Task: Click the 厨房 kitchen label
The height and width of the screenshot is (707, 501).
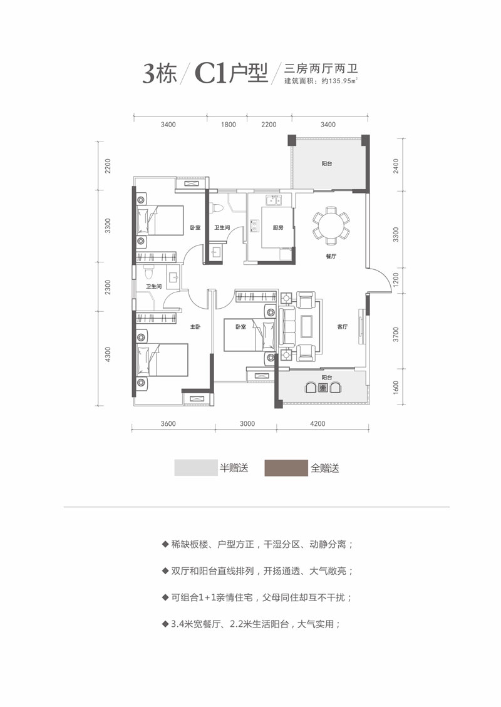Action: pyautogui.click(x=278, y=228)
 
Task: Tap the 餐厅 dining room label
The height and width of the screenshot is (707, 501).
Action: pyautogui.click(x=332, y=257)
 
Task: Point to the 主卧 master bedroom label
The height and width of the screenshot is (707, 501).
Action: pyautogui.click(x=195, y=327)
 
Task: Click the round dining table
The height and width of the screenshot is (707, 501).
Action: pyautogui.click(x=331, y=225)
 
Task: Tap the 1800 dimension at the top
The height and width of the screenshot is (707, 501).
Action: pyautogui.click(x=229, y=125)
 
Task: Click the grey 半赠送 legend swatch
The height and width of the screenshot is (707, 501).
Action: pyautogui.click(x=195, y=468)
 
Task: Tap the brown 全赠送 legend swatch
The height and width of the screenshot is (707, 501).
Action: pyautogui.click(x=286, y=468)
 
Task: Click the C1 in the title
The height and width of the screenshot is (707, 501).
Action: pyautogui.click(x=210, y=75)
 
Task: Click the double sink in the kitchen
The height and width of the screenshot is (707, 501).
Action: pyautogui.click(x=274, y=201)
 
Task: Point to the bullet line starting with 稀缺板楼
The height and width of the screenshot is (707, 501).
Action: pyautogui.click(x=257, y=544)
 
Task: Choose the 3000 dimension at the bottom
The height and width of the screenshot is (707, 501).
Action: pyautogui.click(x=247, y=423)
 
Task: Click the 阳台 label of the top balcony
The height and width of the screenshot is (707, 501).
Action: pyautogui.click(x=327, y=163)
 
